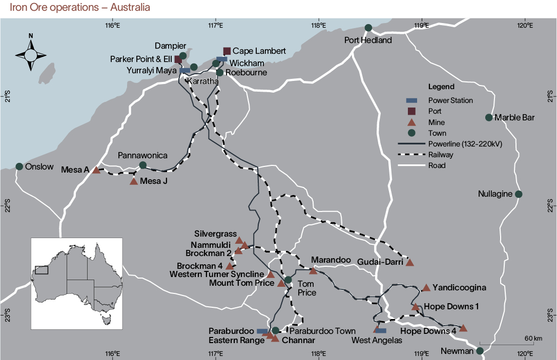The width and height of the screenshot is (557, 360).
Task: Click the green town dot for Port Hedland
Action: (368, 28)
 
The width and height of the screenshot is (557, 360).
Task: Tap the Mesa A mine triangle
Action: (96, 170)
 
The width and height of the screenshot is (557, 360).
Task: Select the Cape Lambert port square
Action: (227, 51)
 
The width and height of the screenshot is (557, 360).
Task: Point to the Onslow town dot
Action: (19, 166)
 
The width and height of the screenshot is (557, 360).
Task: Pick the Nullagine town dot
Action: (519, 194)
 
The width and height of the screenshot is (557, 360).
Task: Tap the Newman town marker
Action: (480, 351)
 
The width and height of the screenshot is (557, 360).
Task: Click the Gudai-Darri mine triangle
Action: (409, 262)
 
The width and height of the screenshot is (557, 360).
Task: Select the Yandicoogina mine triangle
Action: (426, 288)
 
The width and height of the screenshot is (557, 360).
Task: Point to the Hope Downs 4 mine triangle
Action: (463, 328)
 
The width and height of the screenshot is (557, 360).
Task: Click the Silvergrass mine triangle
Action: (239, 240)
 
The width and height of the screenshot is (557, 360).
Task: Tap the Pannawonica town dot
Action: (143, 165)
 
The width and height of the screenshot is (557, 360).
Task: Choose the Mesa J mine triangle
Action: (134, 181)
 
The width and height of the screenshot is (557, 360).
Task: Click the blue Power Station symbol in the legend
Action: (411, 100)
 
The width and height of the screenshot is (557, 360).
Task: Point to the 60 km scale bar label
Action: (533, 338)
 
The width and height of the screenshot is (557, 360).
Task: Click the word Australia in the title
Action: (132, 8)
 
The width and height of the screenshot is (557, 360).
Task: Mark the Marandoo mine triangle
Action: (314, 270)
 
